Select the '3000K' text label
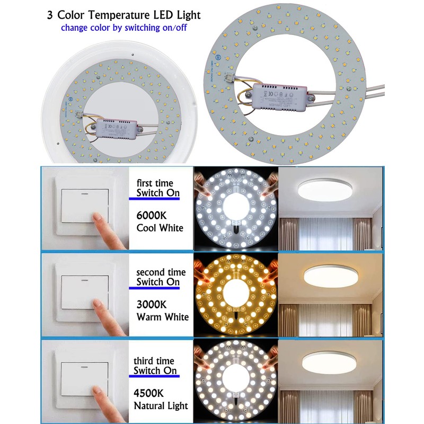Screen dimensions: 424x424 click(x=153, y=305)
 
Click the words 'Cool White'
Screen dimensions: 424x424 click(x=160, y=228)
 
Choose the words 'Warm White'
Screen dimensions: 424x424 click(x=162, y=317)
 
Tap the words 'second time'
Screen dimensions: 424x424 click(x=161, y=272)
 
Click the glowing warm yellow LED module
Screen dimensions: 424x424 click(x=235, y=297)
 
